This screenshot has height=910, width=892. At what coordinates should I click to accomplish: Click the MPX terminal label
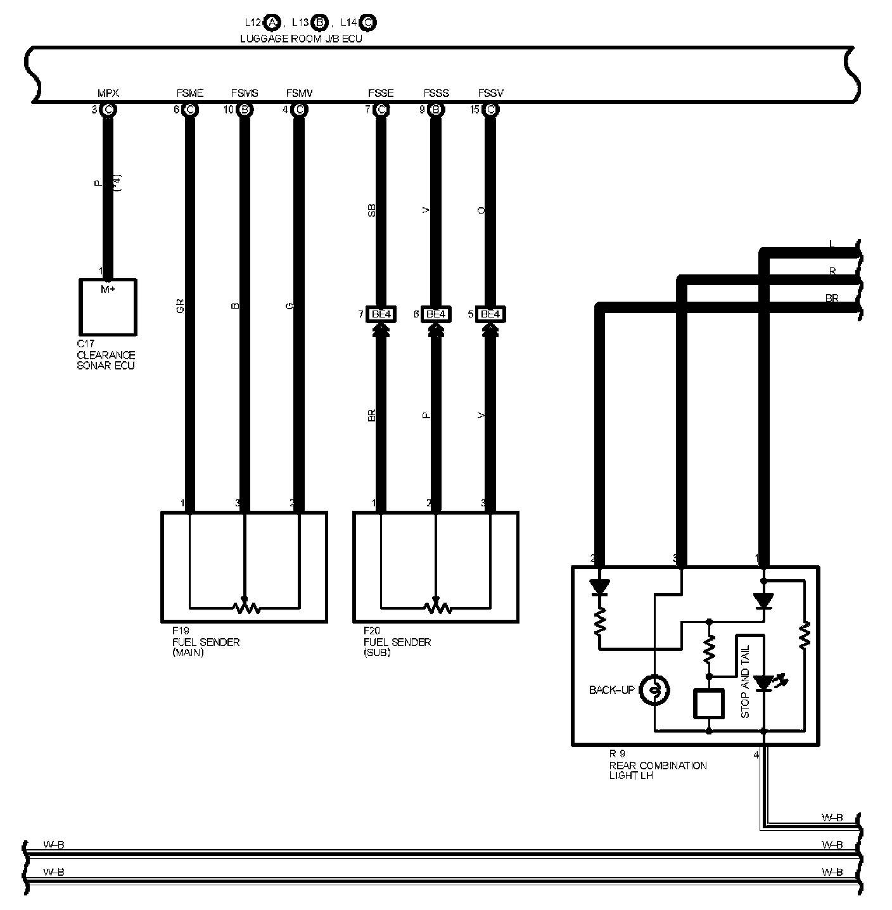click(x=108, y=94)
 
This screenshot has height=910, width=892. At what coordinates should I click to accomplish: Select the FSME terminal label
click(x=189, y=94)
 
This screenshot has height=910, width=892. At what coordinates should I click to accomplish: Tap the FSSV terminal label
click(x=490, y=94)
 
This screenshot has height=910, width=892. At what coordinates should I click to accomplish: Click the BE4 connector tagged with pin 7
click(x=381, y=314)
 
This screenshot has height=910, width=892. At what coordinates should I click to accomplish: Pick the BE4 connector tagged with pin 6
click(x=435, y=314)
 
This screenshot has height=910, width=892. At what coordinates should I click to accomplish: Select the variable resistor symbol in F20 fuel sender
click(x=436, y=607)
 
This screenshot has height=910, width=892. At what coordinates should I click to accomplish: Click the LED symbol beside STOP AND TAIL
click(x=765, y=683)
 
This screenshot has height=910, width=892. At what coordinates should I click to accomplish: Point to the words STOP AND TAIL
click(x=745, y=682)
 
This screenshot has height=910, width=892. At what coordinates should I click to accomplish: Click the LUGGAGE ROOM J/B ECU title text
click(x=301, y=39)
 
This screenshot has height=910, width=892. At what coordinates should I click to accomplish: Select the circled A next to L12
click(x=272, y=23)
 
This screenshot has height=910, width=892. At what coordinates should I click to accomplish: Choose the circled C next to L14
click(x=368, y=23)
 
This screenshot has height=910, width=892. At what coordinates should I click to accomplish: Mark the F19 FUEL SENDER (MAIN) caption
click(x=206, y=642)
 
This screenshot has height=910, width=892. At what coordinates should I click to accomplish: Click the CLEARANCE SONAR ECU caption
click(x=106, y=356)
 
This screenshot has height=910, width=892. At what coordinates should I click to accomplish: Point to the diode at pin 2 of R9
click(x=599, y=587)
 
